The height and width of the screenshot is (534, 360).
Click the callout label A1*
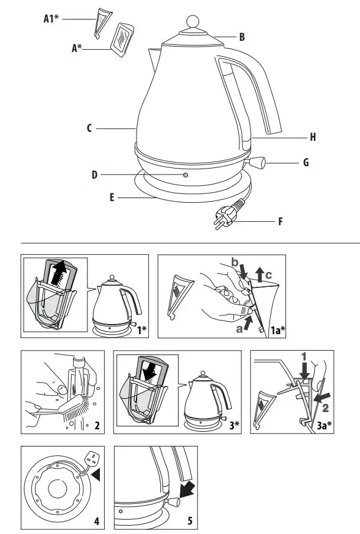click(51, 18)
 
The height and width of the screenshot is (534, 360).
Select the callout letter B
click(242, 37)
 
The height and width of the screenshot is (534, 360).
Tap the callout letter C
click(89, 128)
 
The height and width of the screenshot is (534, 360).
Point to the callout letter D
click(95, 175)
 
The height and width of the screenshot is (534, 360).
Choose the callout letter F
click(280, 222)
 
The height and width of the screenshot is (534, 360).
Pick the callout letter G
click(306, 162)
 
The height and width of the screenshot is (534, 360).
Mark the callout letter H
click(313, 137)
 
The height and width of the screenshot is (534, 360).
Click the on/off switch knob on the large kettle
click(258, 161)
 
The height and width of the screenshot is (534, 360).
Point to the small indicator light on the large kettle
click(186, 176)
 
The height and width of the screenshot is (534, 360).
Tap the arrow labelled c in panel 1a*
click(260, 273)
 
